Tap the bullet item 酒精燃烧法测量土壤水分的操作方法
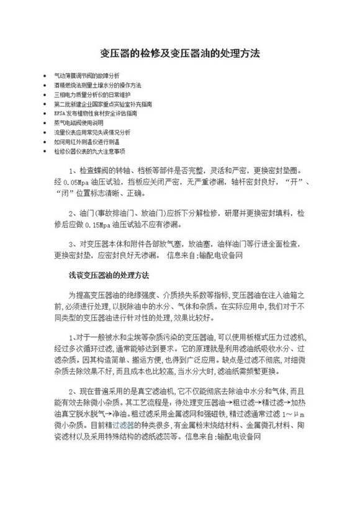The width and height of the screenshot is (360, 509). pos(98,85)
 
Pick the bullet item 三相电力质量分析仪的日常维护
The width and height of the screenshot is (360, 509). pos(92,94)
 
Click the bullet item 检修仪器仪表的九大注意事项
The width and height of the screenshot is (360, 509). pos(89,151)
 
